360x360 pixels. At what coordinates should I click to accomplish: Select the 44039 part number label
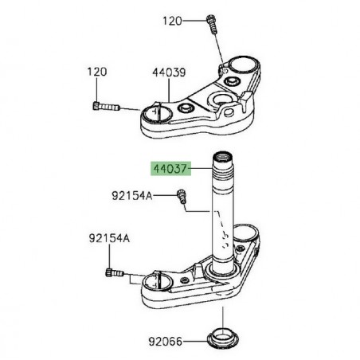pyautogui.click(x=169, y=72)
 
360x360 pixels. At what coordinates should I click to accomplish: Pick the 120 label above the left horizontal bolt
pyautogui.click(x=97, y=72)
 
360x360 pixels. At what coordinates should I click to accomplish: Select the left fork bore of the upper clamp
pyautogui.click(x=156, y=112)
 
